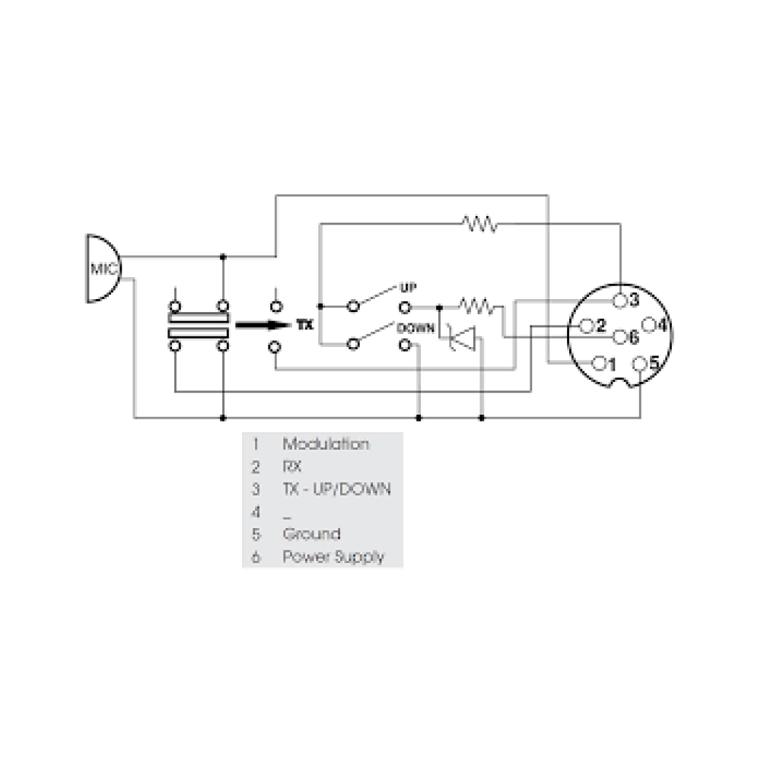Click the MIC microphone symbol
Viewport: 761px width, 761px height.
pos(102,269)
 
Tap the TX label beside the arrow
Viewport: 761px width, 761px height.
pos(304,325)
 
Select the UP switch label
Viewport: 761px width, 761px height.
pos(409,289)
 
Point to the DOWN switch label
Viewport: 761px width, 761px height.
pos(415,329)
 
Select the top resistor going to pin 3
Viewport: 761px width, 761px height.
pos(479,224)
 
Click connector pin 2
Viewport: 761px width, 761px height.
pos(587,326)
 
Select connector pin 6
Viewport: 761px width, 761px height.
pos(620,336)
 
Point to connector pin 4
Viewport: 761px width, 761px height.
pos(649,326)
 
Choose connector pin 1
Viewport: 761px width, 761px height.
pos(599,363)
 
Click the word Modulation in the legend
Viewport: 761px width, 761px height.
pos(326,444)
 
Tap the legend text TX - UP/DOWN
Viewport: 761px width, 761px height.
pos(336,489)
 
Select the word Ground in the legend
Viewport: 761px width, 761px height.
pos(311,533)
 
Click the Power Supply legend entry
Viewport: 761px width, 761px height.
pos(333,556)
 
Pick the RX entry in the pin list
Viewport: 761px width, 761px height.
pos(290,466)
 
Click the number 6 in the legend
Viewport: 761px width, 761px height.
pos(256,557)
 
